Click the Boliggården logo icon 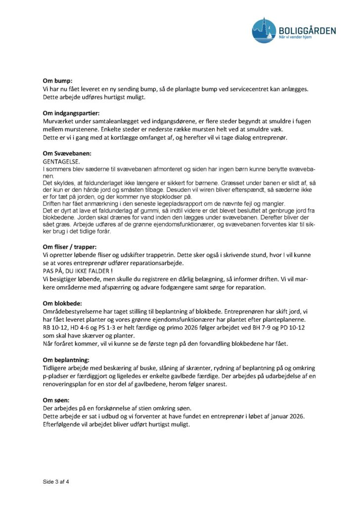[x=264, y=31]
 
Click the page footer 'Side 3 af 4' [x=55, y=481]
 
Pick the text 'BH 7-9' [x=267, y=327]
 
